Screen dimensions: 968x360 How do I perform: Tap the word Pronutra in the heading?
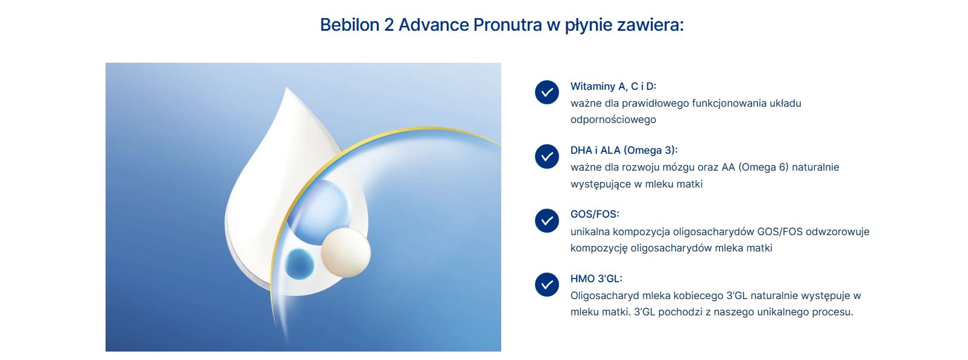pos(507,25)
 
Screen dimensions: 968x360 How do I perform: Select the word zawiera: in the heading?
pos(650,25)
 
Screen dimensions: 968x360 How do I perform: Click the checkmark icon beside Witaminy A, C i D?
pos(546,92)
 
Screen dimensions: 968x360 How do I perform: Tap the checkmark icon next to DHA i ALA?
pos(546,156)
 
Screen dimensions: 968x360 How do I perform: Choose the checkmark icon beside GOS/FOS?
pos(546,221)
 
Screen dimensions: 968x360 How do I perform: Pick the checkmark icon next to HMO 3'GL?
pos(546,285)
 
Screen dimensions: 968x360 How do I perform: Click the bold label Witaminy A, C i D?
pos(613,86)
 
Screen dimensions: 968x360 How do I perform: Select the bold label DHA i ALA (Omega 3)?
pos(624,150)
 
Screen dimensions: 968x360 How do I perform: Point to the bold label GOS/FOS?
pos(595,214)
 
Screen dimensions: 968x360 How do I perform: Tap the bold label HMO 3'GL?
pos(596,279)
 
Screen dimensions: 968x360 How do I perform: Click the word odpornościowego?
pos(613,120)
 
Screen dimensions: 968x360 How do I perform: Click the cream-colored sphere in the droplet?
pos(346,253)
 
